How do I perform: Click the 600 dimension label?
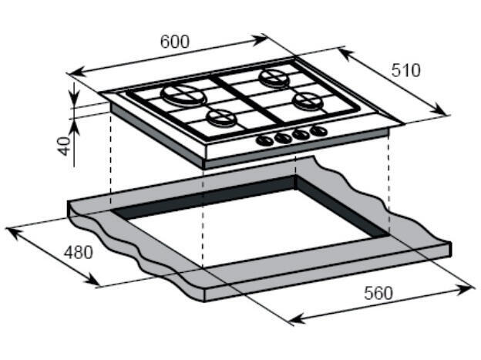pos(175,42)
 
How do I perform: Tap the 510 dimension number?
pos(405,71)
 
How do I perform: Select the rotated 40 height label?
pos(65,146)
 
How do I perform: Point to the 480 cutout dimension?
pos(78,252)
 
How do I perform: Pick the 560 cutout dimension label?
pos(378,293)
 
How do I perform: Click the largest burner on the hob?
pos(183,95)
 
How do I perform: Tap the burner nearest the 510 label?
pos(274,79)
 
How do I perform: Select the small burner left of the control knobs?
pos(221,118)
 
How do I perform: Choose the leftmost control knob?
pos(264,140)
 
